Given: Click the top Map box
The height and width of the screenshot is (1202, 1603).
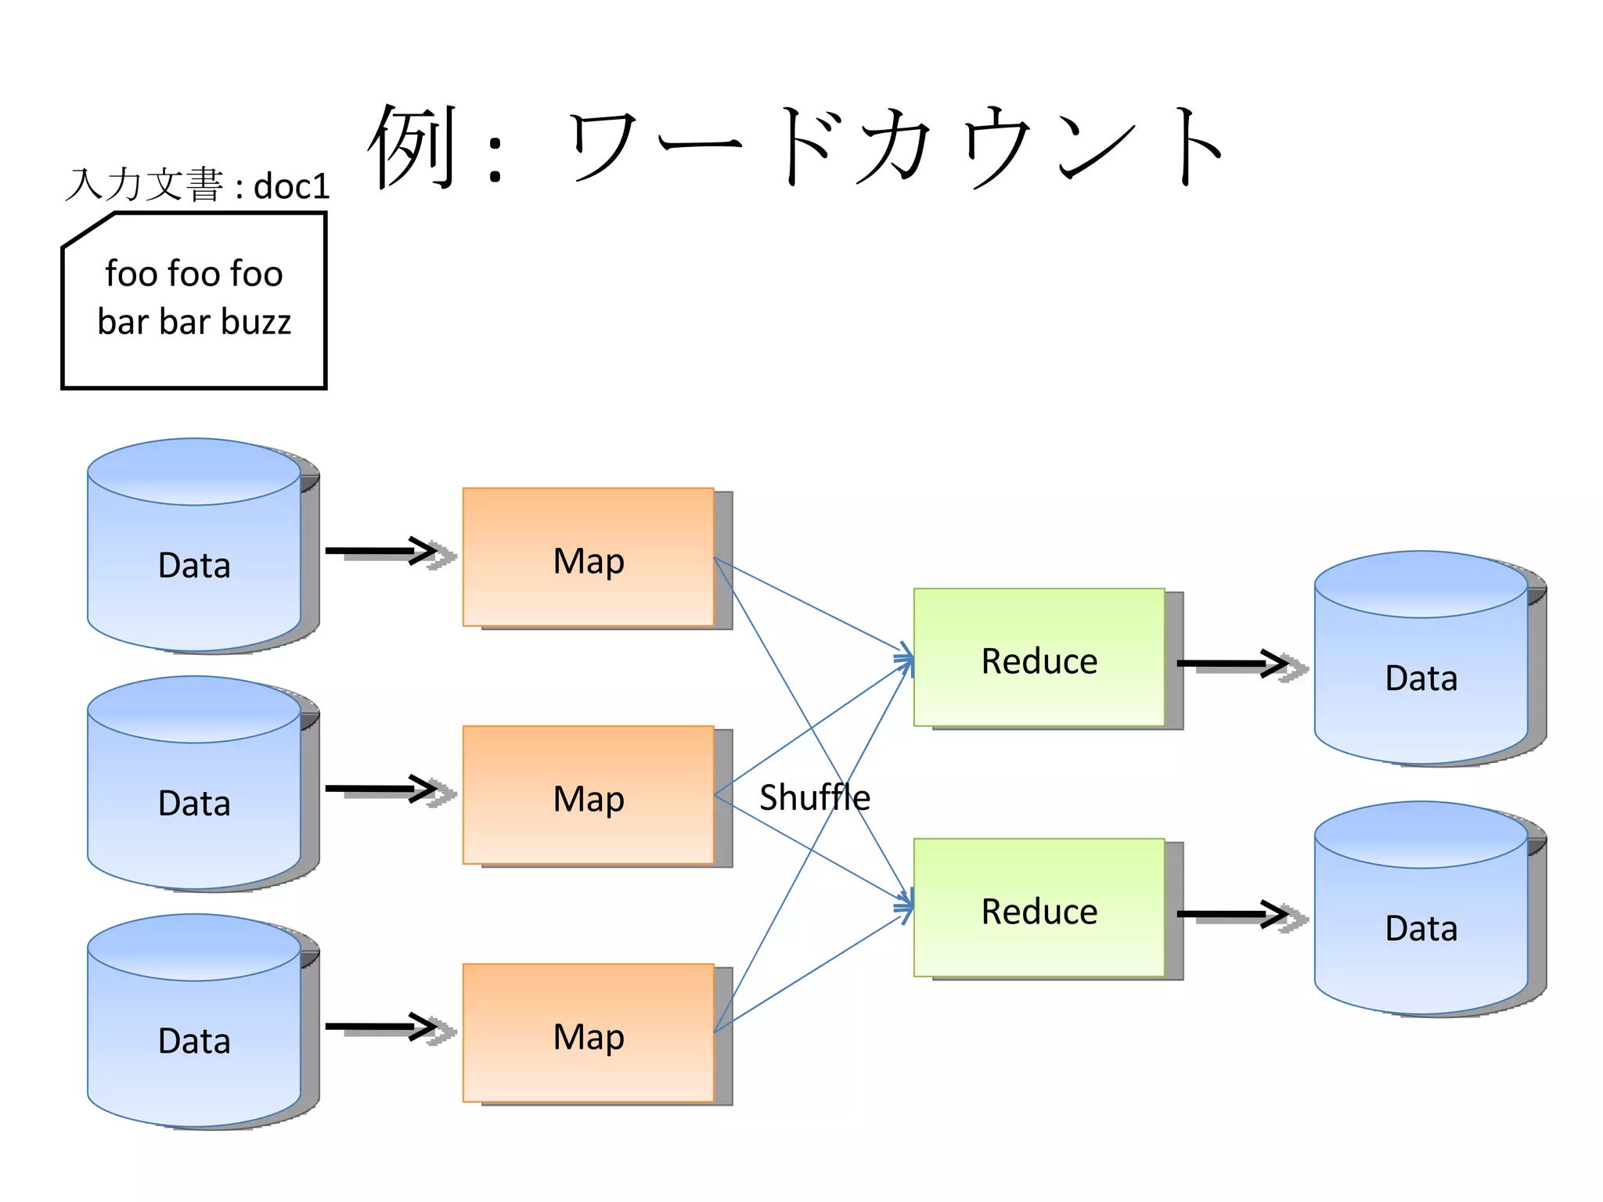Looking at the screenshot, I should pyautogui.click(x=588, y=557).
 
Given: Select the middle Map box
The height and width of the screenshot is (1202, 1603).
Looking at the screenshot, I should pyautogui.click(x=588, y=795).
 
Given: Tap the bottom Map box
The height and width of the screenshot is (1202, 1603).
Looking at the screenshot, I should pyautogui.click(x=588, y=1033).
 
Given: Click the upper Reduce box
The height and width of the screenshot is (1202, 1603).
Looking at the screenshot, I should pyautogui.click(x=1039, y=657).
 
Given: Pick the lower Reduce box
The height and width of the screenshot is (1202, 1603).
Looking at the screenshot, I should pyautogui.click(x=1039, y=908).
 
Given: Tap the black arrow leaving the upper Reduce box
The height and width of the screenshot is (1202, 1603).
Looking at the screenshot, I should pyautogui.click(x=1234, y=664).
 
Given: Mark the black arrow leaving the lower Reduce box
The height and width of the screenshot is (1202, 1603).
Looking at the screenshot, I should pyautogui.click(x=1234, y=914).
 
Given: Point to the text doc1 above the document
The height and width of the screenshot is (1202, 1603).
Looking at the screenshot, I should pyautogui.click(x=291, y=187).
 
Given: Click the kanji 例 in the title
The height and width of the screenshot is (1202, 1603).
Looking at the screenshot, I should pyautogui.click(x=412, y=146).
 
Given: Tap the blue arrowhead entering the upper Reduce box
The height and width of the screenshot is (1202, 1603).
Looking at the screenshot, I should pyautogui.click(x=906, y=659).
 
